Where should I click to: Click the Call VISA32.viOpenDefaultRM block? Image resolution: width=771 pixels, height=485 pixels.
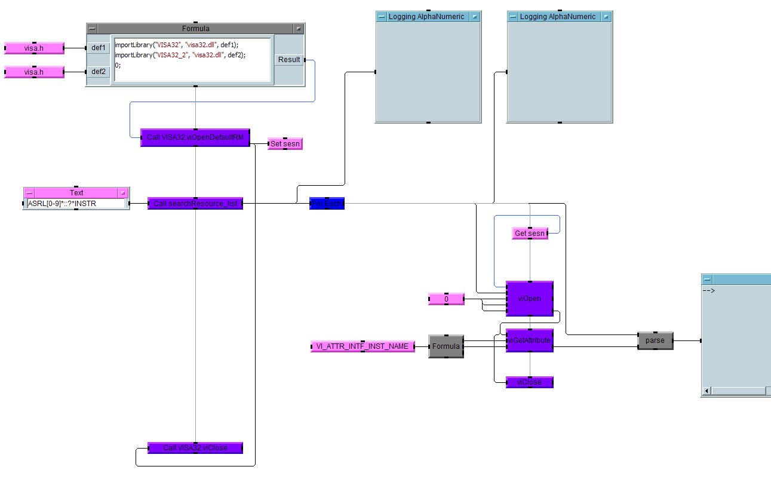[195, 137]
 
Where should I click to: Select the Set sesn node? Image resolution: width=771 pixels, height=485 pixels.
[285, 143]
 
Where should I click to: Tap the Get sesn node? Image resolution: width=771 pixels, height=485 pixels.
[530, 234]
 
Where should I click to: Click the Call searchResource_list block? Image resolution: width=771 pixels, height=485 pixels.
[195, 204]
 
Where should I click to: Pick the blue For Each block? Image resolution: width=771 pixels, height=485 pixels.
[327, 204]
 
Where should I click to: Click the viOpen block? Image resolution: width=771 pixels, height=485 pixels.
[529, 298]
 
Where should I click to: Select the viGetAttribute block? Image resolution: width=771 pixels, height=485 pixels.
[529, 340]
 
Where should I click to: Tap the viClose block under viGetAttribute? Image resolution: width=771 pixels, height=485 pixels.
[529, 382]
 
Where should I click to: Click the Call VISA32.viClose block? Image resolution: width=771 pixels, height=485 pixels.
[195, 448]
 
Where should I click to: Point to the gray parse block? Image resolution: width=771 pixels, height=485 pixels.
[655, 340]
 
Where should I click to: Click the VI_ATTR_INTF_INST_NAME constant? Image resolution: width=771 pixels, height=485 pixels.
[363, 346]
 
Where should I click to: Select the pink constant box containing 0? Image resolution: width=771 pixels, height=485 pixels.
[446, 299]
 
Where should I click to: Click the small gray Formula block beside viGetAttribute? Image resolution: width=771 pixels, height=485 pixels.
[446, 346]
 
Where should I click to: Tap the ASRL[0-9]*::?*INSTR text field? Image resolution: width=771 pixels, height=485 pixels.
[76, 204]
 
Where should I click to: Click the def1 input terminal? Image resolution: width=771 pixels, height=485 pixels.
[99, 48]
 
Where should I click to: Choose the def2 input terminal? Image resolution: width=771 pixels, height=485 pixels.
[99, 72]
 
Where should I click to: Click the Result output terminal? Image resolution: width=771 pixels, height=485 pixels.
[289, 60]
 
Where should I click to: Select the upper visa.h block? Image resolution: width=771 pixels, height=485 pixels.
[34, 48]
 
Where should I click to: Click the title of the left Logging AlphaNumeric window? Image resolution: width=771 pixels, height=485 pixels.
[426, 17]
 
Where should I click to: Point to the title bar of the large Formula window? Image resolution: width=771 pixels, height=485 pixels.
[195, 29]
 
